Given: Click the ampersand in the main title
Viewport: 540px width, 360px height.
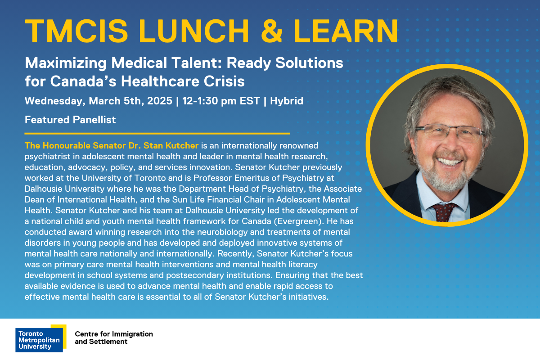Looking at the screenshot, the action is tap(272, 31).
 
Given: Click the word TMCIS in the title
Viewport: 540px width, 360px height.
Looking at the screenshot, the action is tap(76, 31).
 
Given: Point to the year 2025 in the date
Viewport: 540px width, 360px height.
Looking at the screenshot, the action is tap(160, 101).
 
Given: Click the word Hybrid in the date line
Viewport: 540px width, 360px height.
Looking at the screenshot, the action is tap(287, 101).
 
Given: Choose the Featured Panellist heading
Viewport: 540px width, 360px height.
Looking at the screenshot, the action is tap(70, 120).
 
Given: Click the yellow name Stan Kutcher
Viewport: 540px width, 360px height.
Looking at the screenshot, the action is tap(171, 146).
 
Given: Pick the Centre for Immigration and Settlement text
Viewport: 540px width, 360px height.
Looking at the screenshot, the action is tap(114, 338).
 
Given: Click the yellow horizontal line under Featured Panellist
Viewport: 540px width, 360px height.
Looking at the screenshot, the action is tap(157, 133).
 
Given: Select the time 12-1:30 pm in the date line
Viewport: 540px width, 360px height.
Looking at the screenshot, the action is tap(209, 101).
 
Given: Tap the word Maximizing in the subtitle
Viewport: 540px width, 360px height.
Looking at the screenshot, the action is tap(66, 63).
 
